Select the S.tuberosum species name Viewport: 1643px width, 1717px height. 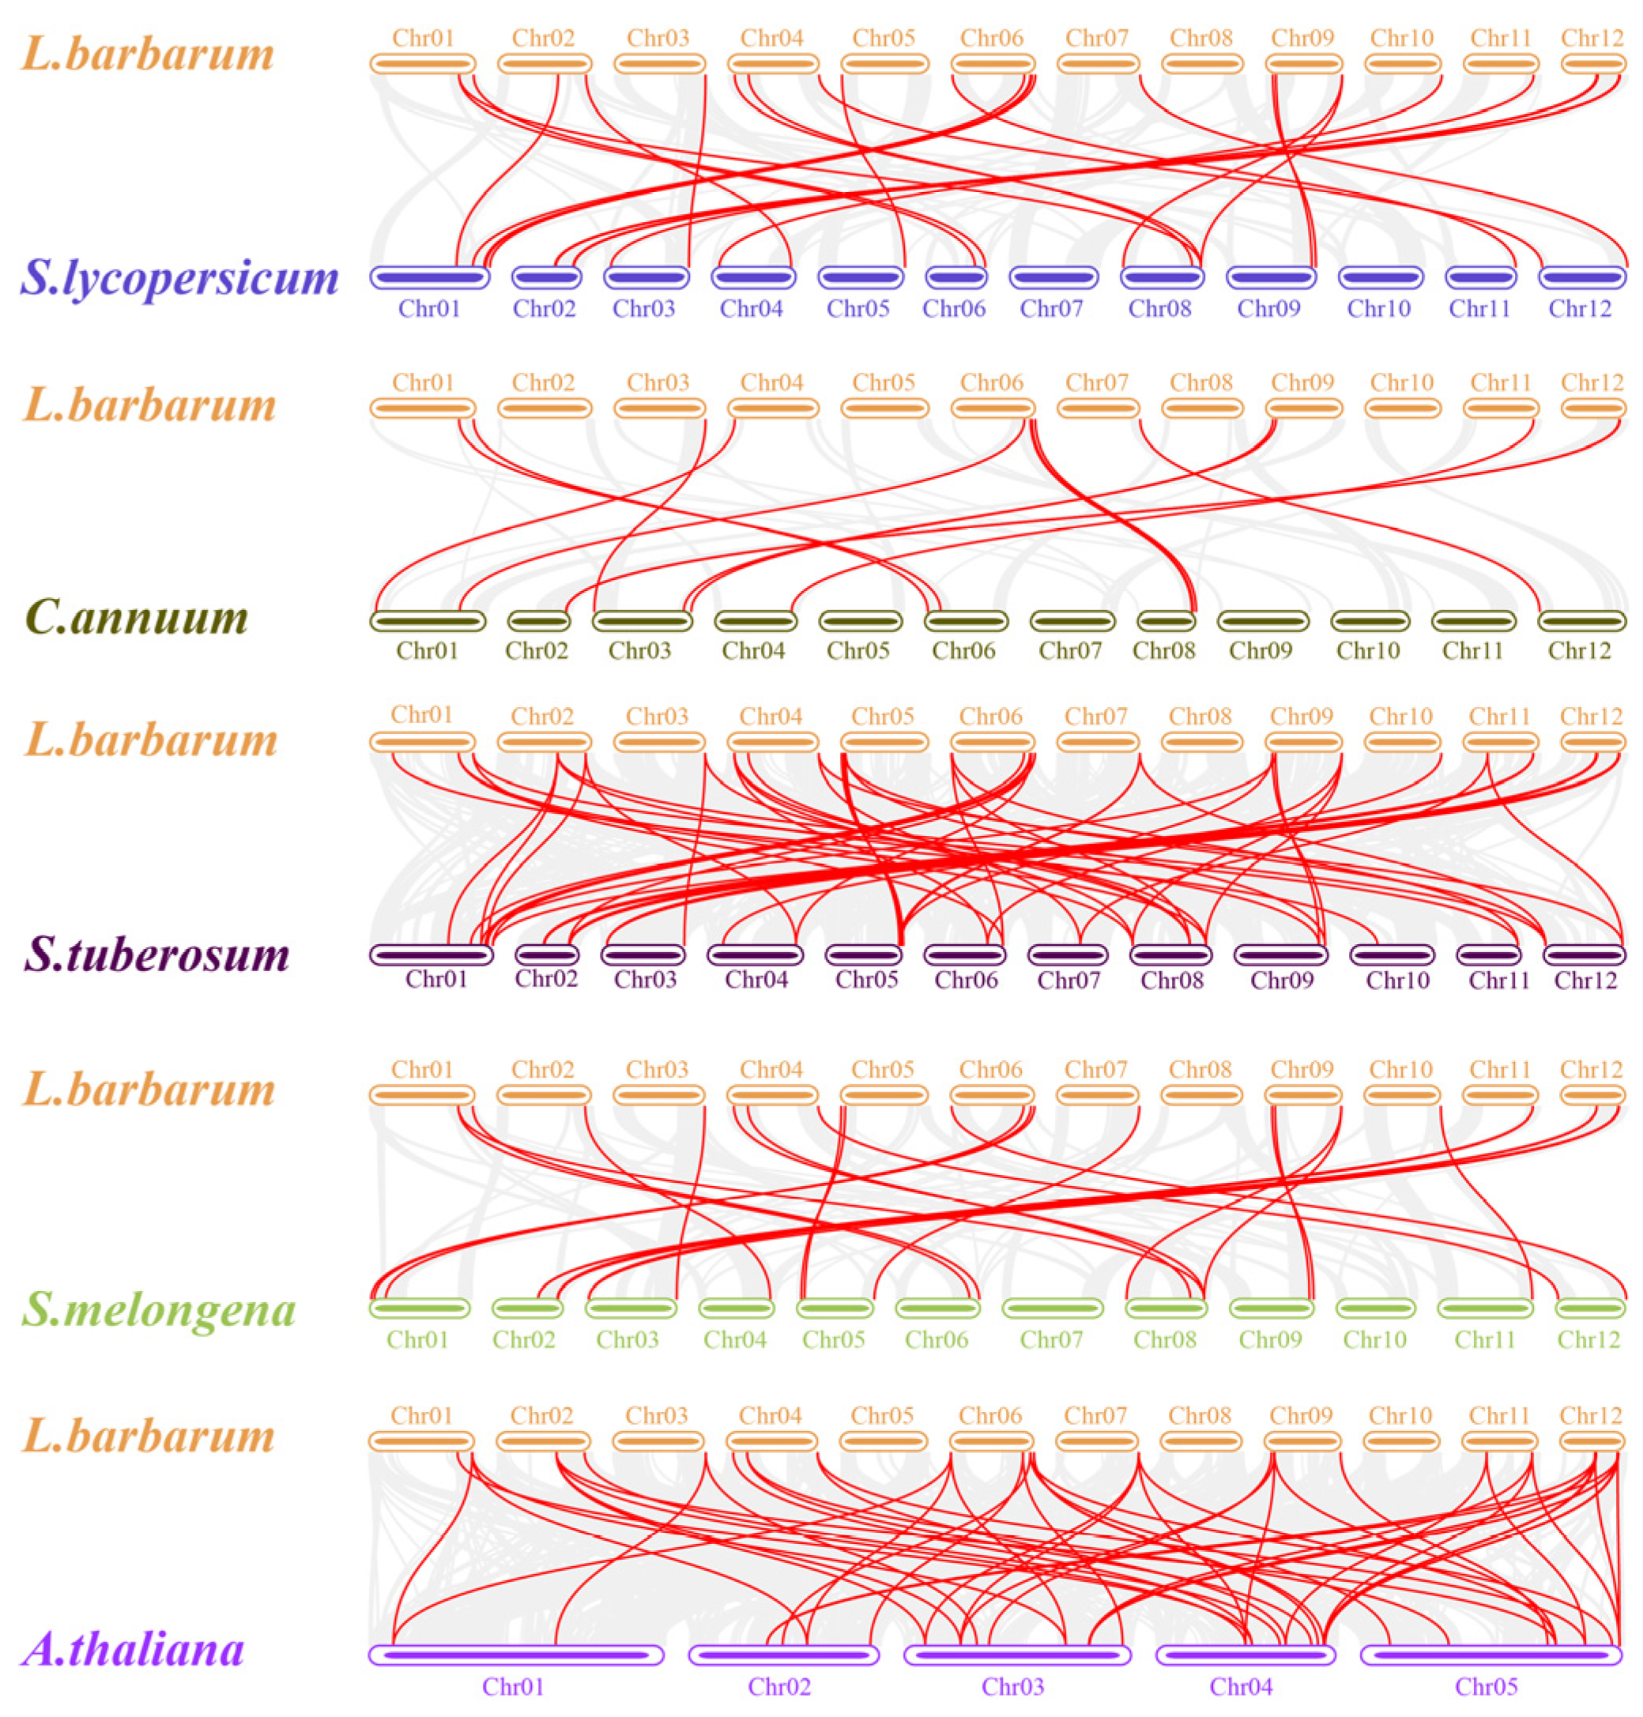click(156, 954)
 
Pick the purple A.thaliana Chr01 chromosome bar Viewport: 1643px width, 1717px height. click(516, 1655)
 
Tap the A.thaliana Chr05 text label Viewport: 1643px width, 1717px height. click(1487, 1686)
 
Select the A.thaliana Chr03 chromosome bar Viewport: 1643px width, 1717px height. click(1017, 1655)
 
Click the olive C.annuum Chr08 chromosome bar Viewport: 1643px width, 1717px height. click(1166, 621)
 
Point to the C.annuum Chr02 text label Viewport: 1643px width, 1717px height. click(536, 650)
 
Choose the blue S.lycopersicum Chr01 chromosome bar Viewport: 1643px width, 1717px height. click(429, 277)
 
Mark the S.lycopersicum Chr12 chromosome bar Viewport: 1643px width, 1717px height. click(1581, 277)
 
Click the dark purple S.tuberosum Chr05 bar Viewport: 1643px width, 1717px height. click(864, 954)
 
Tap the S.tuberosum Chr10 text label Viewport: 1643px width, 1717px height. click(1398, 980)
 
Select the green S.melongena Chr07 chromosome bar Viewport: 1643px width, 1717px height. click(1053, 1308)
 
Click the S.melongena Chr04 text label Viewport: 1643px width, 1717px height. click(735, 1339)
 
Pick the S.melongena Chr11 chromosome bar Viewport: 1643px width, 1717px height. click(1486, 1308)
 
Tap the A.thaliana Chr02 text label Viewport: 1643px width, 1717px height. click(778, 1686)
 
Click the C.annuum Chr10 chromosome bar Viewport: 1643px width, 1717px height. click(1370, 621)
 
